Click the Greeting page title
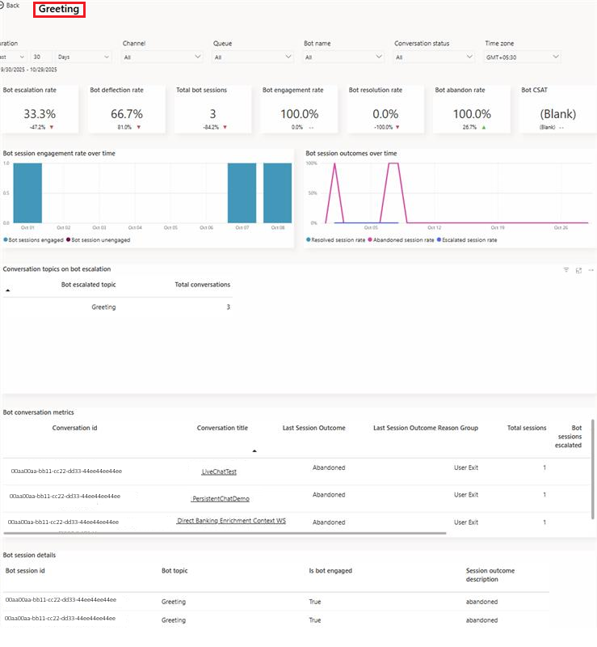pyautogui.click(x=59, y=10)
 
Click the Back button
pyautogui.click(x=10, y=6)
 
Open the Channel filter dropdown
pyautogui.click(x=162, y=57)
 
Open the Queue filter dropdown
pyautogui.click(x=252, y=57)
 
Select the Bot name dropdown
pyautogui.click(x=343, y=57)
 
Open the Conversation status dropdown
pyautogui.click(x=434, y=57)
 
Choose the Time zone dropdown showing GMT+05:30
pyautogui.click(x=522, y=57)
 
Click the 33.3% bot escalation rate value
pyautogui.click(x=40, y=114)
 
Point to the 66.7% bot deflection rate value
pyautogui.click(x=126, y=114)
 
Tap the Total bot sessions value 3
pyautogui.click(x=212, y=114)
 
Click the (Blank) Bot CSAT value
pyautogui.click(x=558, y=114)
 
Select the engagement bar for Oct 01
pyautogui.click(x=27, y=192)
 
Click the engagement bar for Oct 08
pyautogui.click(x=277, y=192)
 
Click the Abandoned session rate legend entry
pyautogui.click(x=402, y=239)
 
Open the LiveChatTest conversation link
pyautogui.click(x=219, y=472)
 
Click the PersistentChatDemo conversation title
pyautogui.click(x=221, y=499)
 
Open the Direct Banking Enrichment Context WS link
pyautogui.click(x=231, y=522)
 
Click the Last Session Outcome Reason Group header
pyautogui.click(x=426, y=428)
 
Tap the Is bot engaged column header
pyautogui.click(x=330, y=571)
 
